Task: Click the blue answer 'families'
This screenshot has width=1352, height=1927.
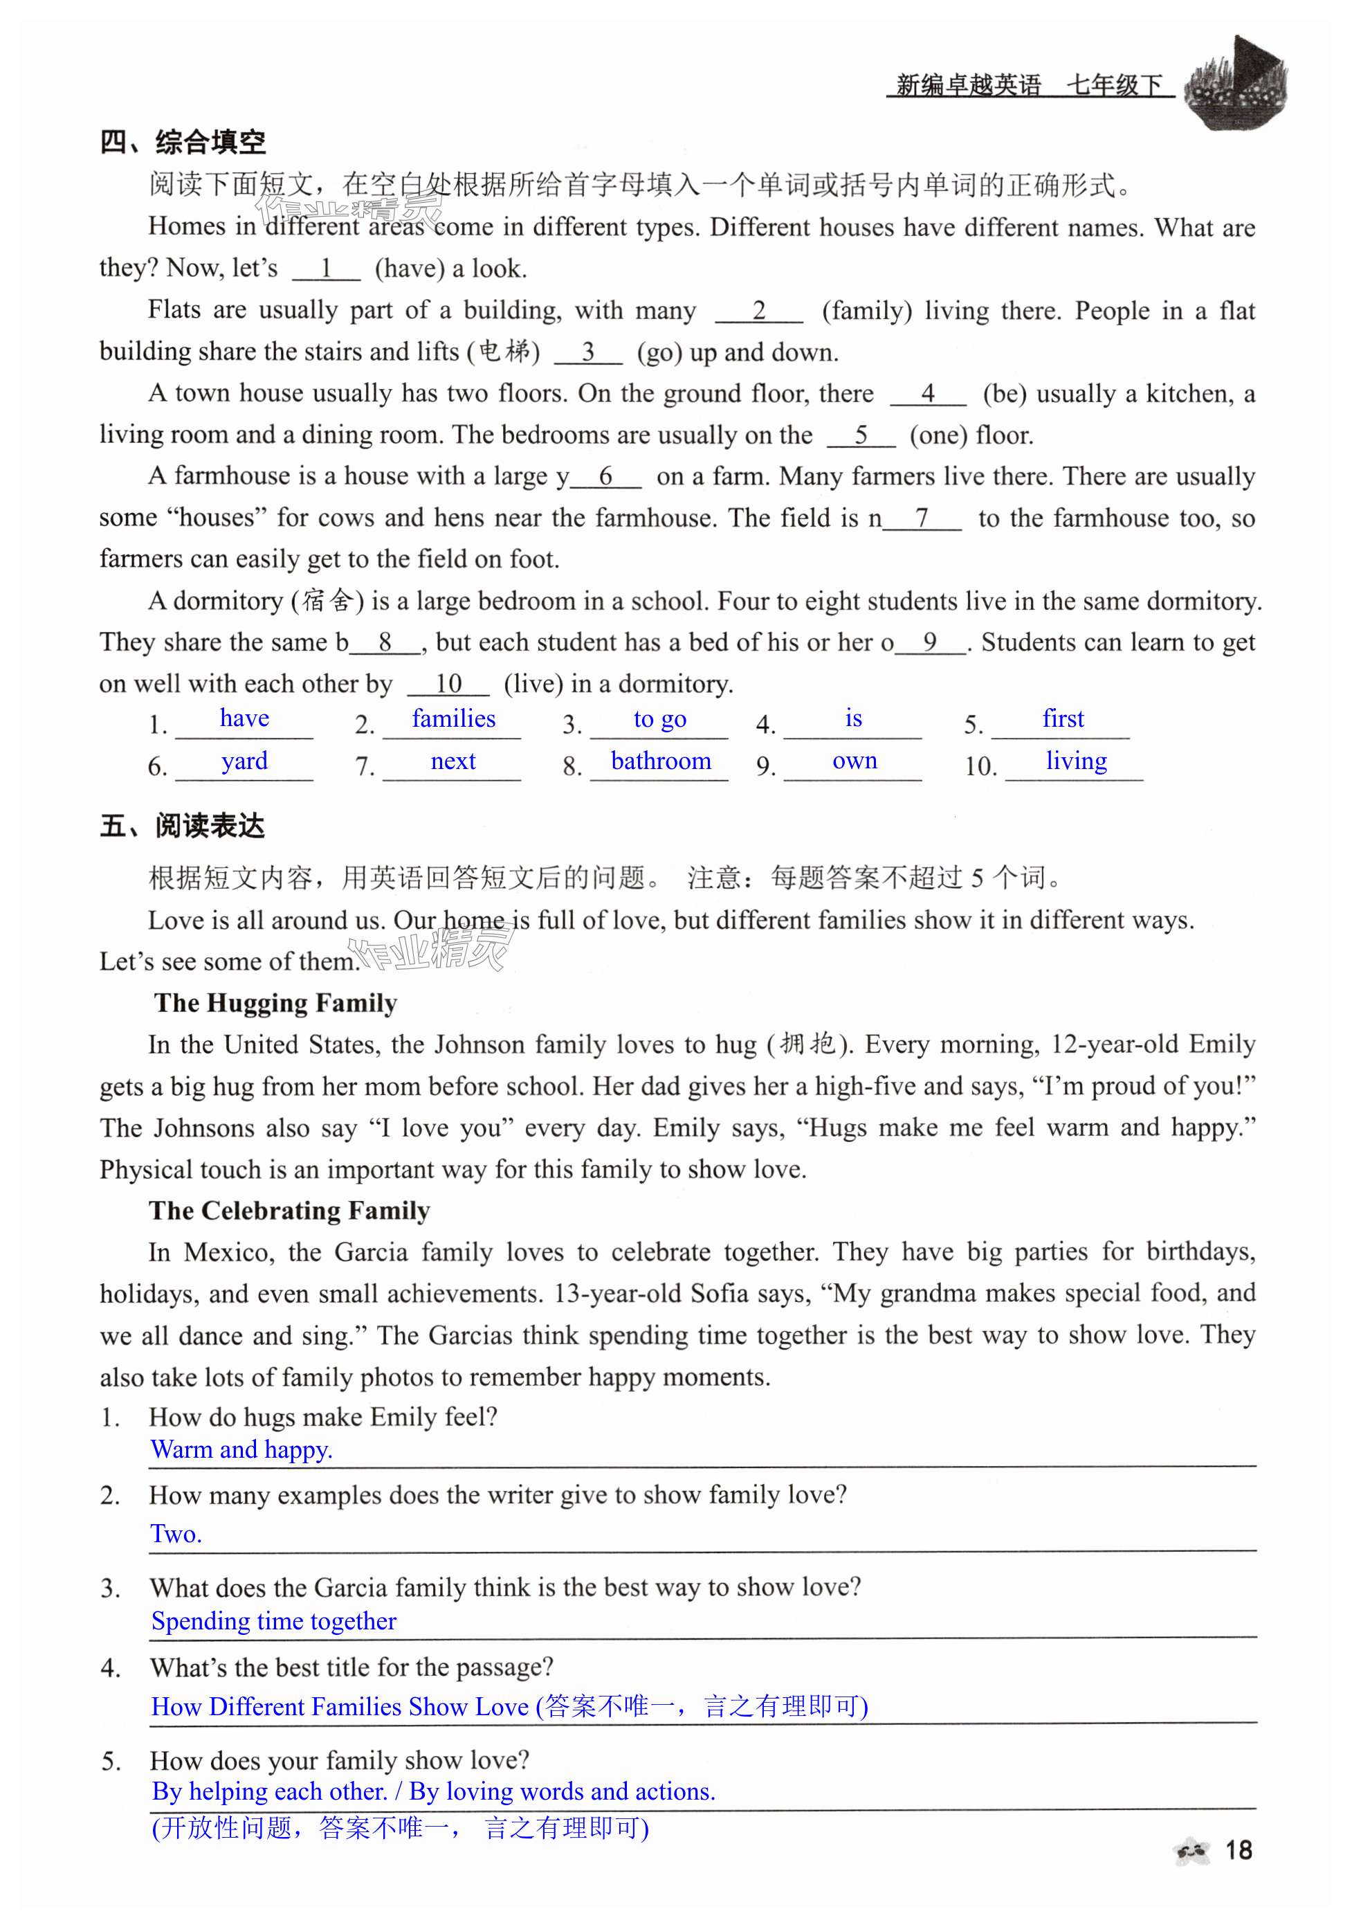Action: pos(453,718)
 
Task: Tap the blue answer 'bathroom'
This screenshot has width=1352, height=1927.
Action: pos(661,761)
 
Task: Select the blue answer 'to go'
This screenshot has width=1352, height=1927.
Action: pos(659,719)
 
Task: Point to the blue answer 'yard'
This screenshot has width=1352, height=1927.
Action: pos(244,761)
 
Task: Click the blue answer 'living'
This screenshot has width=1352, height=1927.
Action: pos(1076,761)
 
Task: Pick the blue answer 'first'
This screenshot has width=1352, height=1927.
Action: pos(1063,718)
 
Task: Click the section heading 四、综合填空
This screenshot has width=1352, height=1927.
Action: pos(182,143)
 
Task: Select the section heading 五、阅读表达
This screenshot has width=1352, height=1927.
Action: pos(182,826)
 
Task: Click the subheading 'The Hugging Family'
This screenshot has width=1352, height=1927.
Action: pos(275,1003)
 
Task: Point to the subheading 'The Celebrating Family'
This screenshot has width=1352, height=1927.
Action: pos(289,1210)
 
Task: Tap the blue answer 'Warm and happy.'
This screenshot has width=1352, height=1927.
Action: pos(241,1449)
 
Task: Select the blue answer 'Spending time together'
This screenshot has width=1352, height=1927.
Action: pos(273,1620)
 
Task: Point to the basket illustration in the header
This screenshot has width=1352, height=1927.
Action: pos(1235,83)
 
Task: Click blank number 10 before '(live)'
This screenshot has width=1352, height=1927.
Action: pos(448,684)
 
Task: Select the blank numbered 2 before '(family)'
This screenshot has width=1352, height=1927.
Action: pos(758,311)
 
